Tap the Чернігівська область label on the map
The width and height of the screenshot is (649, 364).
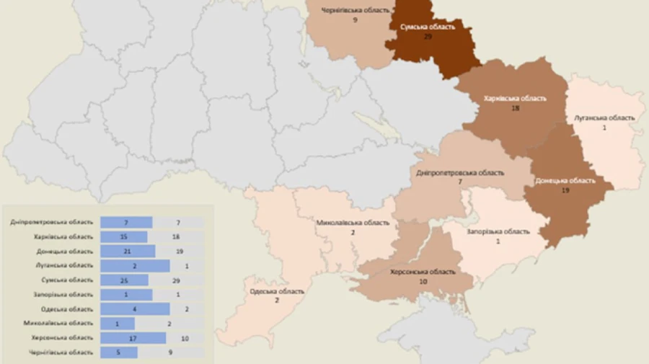point(356,11)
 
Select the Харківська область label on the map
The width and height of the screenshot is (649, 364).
point(515,97)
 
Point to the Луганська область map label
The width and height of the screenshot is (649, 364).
point(605,117)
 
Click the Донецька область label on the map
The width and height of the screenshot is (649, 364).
point(565,181)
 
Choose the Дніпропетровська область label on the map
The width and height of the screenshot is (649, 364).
point(460,173)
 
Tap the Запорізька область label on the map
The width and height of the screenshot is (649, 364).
point(498,231)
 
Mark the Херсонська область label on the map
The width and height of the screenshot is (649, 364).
point(423,272)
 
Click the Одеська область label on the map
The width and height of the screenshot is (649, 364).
point(277,291)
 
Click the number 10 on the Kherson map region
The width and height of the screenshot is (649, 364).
point(423,281)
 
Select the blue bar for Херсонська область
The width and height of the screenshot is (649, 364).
point(133,337)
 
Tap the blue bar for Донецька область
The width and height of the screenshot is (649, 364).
point(128,251)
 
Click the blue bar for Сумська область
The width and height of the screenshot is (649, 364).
point(124,280)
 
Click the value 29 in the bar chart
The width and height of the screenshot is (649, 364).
point(177,280)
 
